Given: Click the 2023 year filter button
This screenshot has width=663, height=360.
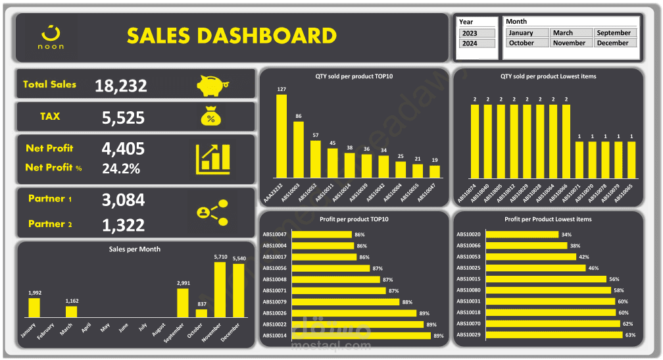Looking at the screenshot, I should click(470, 33).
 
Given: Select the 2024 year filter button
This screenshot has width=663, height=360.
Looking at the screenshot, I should click(470, 43).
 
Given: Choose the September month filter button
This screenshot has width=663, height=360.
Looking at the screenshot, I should click(614, 33).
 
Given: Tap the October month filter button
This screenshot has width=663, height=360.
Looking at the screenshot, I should click(527, 43).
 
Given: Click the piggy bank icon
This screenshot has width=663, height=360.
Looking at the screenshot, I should click(212, 85).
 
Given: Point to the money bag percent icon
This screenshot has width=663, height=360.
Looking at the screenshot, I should click(210, 116).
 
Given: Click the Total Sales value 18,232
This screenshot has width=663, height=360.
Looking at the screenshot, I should click(121, 86).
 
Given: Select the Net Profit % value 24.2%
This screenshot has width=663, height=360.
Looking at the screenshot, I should click(121, 168).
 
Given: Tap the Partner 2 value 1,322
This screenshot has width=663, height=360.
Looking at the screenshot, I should click(123, 225).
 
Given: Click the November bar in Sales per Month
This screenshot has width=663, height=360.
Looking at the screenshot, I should click(220, 290).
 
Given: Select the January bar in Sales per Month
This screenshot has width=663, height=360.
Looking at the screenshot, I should click(34, 307).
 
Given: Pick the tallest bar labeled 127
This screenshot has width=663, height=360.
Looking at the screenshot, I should click(282, 136).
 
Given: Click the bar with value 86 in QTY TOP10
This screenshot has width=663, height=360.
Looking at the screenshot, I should click(299, 149).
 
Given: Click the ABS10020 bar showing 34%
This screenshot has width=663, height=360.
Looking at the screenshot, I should click(523, 234).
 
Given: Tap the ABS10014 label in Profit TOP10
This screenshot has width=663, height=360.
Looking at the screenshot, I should click(274, 336).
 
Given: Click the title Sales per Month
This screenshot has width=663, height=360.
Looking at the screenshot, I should click(134, 249).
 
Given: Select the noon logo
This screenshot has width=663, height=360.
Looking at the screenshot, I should click(51, 37).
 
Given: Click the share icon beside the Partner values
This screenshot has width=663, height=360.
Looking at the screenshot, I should click(212, 212).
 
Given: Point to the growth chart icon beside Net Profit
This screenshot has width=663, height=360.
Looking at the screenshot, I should click(212, 159).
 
